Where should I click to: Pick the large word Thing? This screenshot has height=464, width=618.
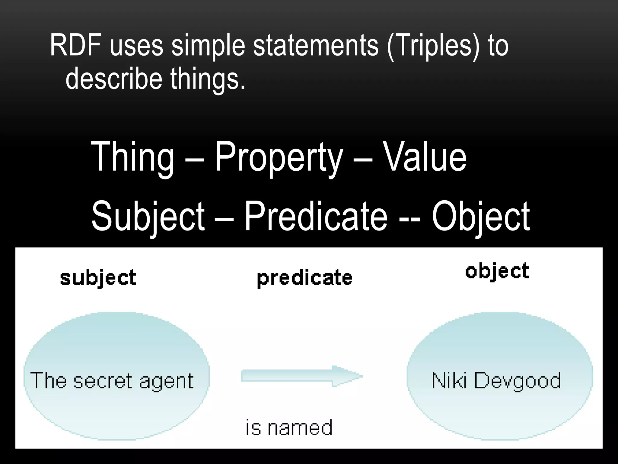133,157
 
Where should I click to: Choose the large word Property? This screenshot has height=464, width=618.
279,157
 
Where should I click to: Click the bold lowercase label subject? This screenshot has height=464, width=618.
98,278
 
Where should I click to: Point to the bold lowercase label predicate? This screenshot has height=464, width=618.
305,278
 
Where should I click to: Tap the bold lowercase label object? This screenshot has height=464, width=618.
497,271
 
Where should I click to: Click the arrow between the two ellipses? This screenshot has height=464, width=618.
302,376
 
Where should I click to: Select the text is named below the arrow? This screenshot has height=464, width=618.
289,427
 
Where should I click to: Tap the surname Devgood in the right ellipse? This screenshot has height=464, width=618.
518,381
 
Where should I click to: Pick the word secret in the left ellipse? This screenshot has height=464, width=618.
103,381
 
